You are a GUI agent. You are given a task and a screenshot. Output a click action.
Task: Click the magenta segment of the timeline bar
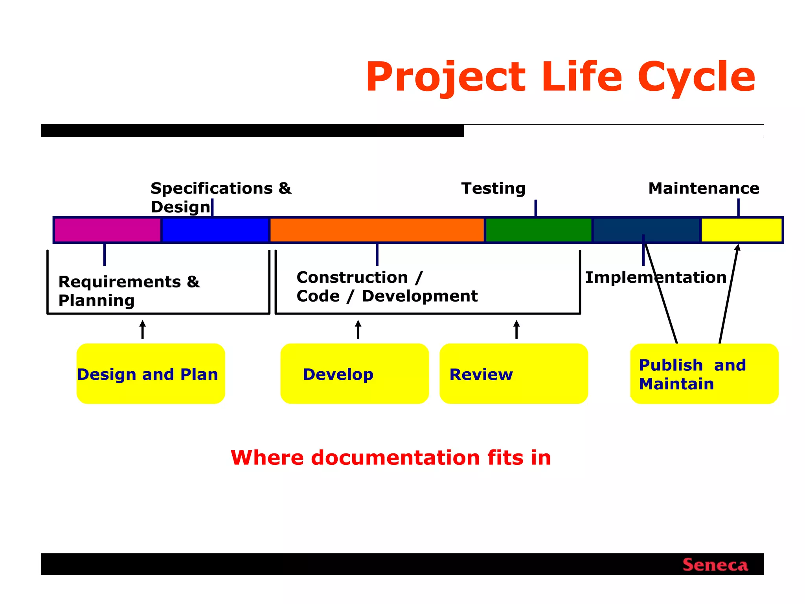pyautogui.click(x=107, y=230)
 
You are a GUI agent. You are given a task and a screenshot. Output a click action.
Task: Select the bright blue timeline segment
pyautogui.click(x=215, y=230)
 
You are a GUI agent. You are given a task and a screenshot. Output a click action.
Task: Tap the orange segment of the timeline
pyautogui.click(x=377, y=230)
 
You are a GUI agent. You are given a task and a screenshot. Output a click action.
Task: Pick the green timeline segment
pyautogui.click(x=539, y=230)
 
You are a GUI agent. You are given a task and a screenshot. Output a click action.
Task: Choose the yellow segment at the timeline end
pyautogui.click(x=741, y=230)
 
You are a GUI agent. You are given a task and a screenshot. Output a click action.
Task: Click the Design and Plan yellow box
pyautogui.click(x=151, y=374)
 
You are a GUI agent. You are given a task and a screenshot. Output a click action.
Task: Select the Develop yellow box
pyautogui.click(x=354, y=374)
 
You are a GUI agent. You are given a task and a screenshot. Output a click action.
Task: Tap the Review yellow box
pyautogui.click(x=513, y=374)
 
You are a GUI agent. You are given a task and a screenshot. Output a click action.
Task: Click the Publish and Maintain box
pyautogui.click(x=704, y=374)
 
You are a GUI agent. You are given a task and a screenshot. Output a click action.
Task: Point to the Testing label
pyautogui.click(x=493, y=188)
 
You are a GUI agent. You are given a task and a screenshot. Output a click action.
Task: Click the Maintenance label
pyautogui.click(x=704, y=188)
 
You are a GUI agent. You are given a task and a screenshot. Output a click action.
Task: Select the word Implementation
pyautogui.click(x=656, y=278)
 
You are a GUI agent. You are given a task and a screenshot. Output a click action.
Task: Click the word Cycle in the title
pyautogui.click(x=696, y=77)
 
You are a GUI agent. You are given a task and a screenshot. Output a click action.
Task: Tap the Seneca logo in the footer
pyautogui.click(x=715, y=565)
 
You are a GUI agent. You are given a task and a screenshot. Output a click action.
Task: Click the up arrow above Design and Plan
pyautogui.click(x=143, y=330)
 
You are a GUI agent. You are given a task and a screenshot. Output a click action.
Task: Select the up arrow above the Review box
pyautogui.click(x=516, y=330)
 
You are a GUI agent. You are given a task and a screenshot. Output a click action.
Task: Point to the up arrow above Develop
pyautogui.click(x=358, y=330)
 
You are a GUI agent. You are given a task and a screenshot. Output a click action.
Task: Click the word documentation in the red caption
pyautogui.click(x=395, y=458)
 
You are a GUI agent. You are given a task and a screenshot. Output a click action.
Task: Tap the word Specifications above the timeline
pyautogui.click(x=211, y=188)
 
